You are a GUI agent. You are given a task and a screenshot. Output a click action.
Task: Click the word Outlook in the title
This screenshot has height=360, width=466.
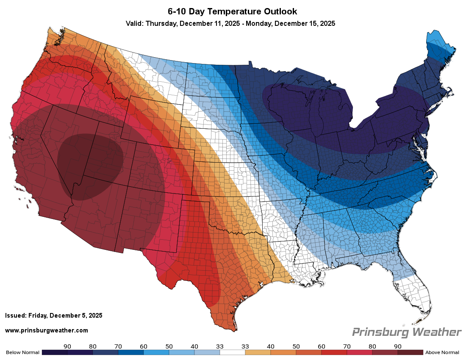pos(277,11)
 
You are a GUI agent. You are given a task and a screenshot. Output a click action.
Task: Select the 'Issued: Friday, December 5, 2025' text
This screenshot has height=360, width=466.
pos(54,316)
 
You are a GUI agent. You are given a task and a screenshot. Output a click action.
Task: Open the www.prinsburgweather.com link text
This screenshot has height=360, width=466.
pos(47,330)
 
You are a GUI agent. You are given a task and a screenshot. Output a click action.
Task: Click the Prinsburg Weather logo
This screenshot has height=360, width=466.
pos(407,332)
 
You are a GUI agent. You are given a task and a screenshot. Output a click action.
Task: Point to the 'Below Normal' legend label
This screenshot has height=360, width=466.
pos(22,352)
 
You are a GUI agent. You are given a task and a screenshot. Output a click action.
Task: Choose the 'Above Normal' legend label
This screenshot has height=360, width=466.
pos(442,352)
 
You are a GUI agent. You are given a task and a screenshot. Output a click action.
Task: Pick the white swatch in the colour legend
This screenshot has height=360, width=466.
pos(233,352)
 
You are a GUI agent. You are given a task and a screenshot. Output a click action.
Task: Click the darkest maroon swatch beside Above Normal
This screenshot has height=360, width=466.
pos(411,352)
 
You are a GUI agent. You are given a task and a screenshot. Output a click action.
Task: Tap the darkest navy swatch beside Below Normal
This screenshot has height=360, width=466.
pos(55,352)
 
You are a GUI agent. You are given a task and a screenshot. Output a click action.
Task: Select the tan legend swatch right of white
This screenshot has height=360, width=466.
pos(258,352)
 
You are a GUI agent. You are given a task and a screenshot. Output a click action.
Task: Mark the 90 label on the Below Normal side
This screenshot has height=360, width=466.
pos(67,346)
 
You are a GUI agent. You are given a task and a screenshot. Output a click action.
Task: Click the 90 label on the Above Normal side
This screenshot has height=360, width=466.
pos(398,346)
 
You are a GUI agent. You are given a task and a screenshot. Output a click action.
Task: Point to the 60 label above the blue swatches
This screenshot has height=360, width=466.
pos(144,346)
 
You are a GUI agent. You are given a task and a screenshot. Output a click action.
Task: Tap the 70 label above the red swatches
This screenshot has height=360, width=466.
pos(322,346)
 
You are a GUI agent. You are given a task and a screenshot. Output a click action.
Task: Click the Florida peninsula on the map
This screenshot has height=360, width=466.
pos(417,296)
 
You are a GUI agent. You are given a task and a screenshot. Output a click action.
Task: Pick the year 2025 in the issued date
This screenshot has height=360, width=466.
pos(95,316)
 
